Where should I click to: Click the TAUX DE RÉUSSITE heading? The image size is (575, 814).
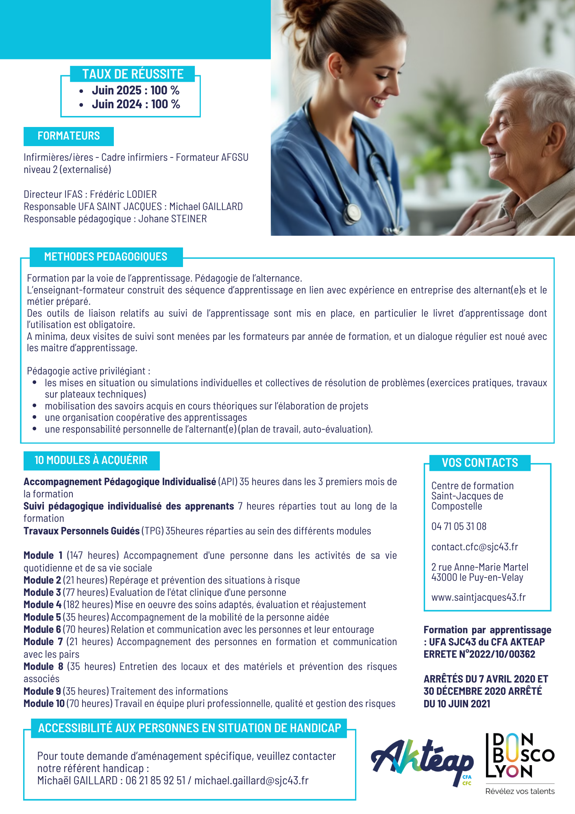(x=133, y=74)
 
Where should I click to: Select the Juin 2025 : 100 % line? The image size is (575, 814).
(x=135, y=90)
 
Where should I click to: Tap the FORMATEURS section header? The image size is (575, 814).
(x=69, y=136)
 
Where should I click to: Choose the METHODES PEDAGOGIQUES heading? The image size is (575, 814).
(x=106, y=257)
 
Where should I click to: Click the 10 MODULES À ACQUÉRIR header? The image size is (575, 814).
(x=91, y=460)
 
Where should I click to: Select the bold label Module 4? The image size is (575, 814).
(x=42, y=605)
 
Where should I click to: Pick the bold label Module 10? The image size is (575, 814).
(x=44, y=704)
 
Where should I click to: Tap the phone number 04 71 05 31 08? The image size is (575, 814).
(x=459, y=527)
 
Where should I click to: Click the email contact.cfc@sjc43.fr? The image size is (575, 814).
(x=475, y=547)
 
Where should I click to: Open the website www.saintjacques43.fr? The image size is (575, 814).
(x=478, y=597)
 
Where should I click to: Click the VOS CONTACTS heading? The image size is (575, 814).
(x=480, y=463)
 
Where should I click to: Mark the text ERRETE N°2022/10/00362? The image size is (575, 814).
(x=479, y=654)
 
